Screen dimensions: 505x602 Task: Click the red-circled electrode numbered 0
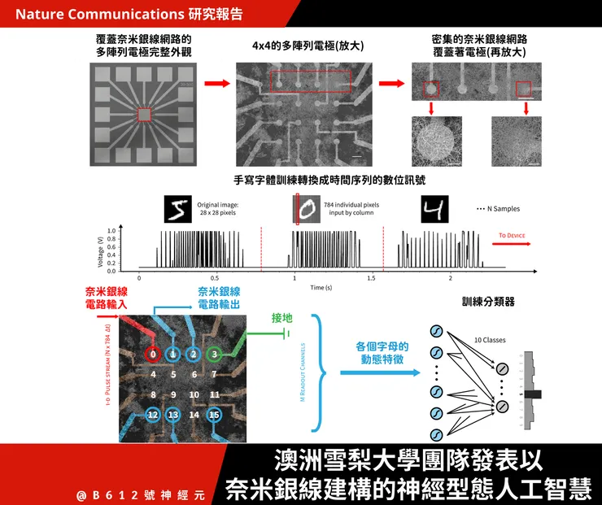[153, 355]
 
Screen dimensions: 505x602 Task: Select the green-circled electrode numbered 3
[214, 354]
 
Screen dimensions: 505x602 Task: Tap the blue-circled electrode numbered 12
[153, 415]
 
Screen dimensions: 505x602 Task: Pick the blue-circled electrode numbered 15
[214, 415]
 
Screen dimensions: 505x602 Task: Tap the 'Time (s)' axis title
[321, 288]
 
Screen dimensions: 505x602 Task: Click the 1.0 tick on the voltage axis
[111, 231]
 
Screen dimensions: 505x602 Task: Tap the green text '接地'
[282, 318]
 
